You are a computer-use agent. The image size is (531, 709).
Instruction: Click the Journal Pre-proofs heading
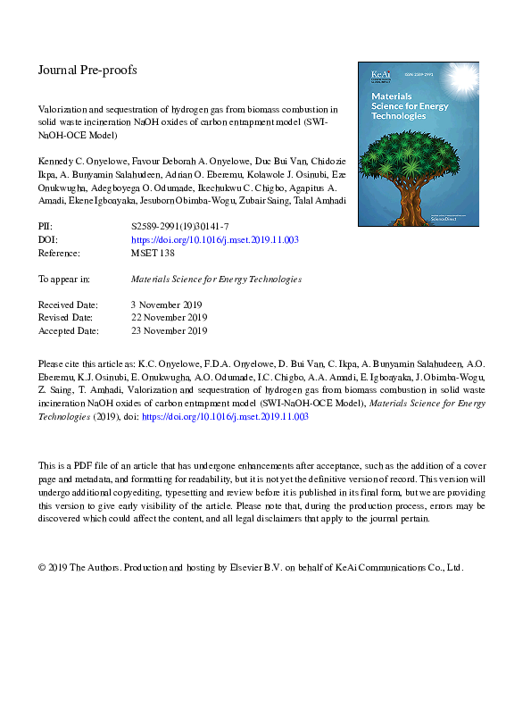87,70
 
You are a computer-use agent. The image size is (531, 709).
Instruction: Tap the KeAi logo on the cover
372,71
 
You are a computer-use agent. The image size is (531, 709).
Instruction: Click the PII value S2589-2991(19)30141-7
179,228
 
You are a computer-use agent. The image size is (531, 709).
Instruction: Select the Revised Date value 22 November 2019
170,317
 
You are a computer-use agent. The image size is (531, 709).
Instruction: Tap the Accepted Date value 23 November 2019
170,330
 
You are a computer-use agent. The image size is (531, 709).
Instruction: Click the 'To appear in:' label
63,279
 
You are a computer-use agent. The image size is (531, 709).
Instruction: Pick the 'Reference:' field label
60,254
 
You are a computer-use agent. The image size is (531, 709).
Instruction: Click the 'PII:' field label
46,228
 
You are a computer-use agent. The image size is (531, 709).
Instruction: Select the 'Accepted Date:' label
69,330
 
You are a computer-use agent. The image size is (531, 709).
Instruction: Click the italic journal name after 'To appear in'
216,279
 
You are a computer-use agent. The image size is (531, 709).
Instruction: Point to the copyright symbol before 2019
42,567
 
